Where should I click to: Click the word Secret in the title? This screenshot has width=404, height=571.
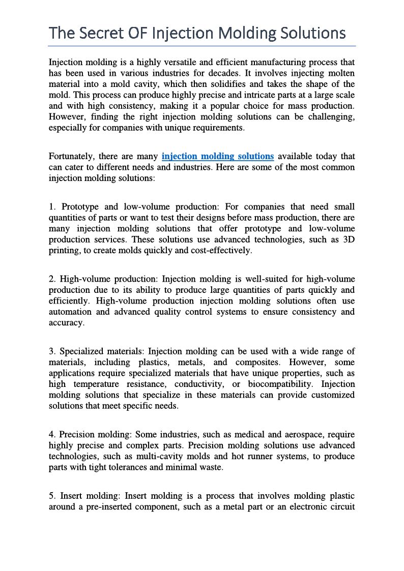coord(100,34)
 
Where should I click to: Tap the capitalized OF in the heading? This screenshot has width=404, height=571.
coord(137,34)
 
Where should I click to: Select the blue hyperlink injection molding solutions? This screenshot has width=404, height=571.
coord(218,156)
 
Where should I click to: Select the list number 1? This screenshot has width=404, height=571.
coord(51,207)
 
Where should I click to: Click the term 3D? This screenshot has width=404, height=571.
coord(348,239)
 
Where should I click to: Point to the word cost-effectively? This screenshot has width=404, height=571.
coord(221,251)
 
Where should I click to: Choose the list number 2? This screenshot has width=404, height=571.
coord(51,279)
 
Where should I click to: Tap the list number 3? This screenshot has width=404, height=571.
coord(51,351)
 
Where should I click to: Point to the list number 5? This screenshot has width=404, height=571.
coord(51,496)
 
